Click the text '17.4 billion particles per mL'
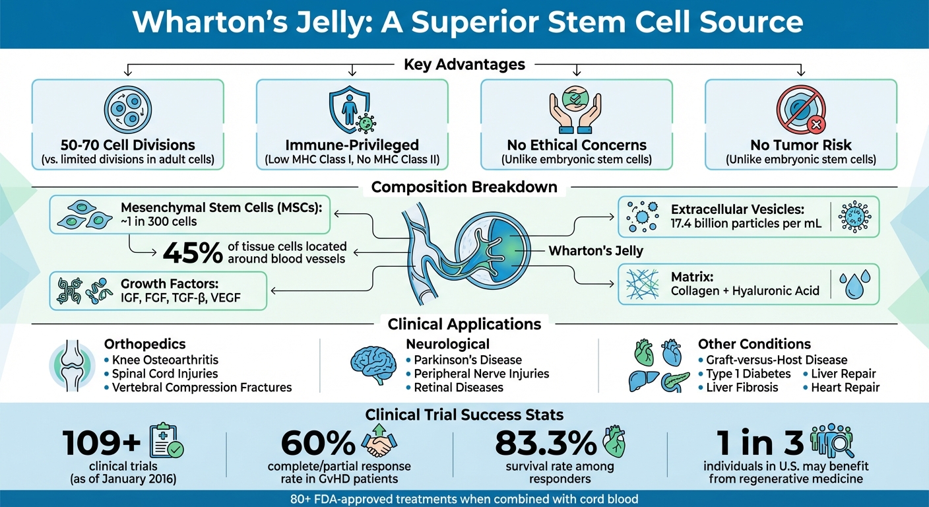pos(746,223)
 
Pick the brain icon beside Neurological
pos(373,366)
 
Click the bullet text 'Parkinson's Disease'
pos(468,360)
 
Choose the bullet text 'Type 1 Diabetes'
pos(748,374)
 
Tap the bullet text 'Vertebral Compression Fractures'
pos(202,388)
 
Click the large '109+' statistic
pos(100,444)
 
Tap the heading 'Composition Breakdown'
pos(464,187)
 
